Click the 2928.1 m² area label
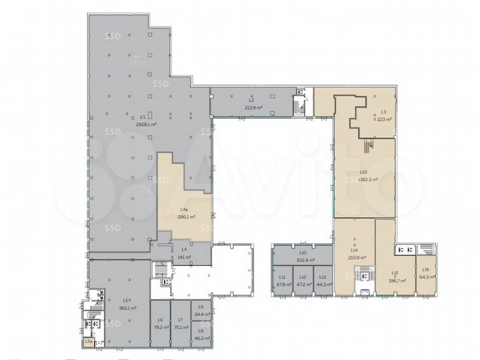pyautogui.click(x=146, y=124)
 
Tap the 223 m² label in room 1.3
pyautogui.click(x=383, y=119)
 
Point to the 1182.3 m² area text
pyautogui.click(x=367, y=179)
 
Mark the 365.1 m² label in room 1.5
pyautogui.click(x=128, y=308)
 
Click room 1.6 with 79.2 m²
pyautogui.click(x=159, y=327)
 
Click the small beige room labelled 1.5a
pyautogui.click(x=89, y=342)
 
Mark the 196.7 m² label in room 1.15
pyautogui.click(x=394, y=280)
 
